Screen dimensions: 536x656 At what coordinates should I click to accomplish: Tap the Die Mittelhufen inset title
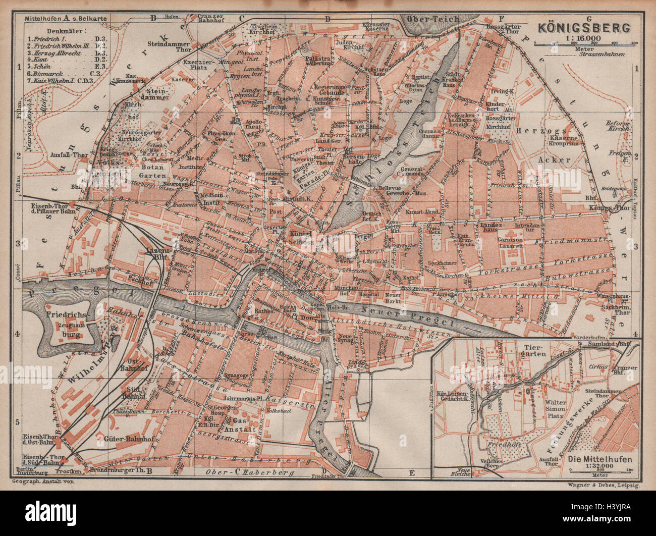[x=598, y=459]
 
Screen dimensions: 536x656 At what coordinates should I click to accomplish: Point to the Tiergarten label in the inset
[x=536, y=351]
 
